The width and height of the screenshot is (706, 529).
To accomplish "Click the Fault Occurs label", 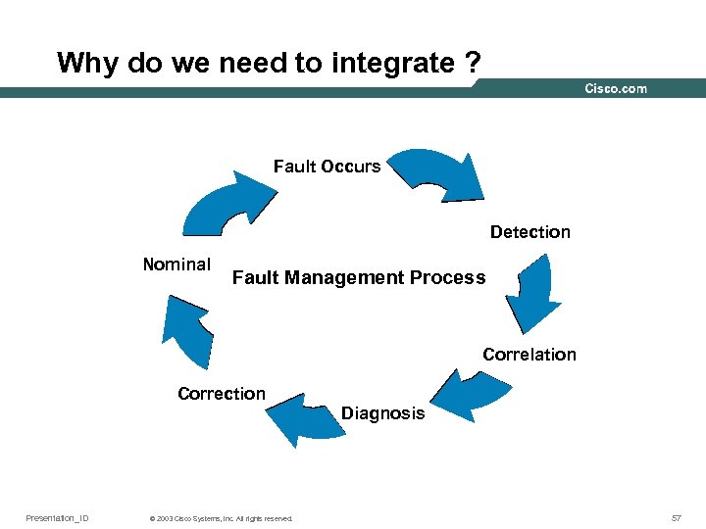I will (x=327, y=167).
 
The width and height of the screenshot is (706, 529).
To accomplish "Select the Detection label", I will (x=529, y=232).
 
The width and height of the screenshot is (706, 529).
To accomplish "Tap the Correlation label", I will (x=529, y=355).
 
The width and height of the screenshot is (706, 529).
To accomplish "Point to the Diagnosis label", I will (x=383, y=413).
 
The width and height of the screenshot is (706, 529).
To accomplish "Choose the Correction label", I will (x=222, y=394).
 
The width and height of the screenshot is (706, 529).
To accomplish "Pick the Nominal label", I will (x=176, y=264).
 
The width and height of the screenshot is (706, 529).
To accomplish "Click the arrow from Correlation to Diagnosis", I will (x=469, y=394).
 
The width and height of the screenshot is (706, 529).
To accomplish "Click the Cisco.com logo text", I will (x=616, y=89).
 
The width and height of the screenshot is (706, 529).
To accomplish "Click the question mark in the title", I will (x=474, y=64).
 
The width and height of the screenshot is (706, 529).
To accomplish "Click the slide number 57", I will (x=677, y=517).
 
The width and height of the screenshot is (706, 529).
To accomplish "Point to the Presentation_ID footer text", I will (x=57, y=517).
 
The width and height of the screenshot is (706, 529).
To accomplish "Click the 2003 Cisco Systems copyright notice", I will (x=217, y=518).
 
